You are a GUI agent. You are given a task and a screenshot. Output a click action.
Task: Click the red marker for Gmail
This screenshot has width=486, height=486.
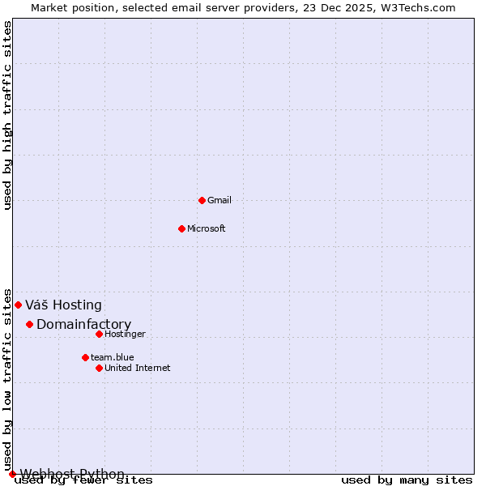click(202, 200)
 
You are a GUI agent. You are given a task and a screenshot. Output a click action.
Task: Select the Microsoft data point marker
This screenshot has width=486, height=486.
click(181, 228)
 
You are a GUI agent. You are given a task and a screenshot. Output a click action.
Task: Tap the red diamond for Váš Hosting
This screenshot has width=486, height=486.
click(18, 305)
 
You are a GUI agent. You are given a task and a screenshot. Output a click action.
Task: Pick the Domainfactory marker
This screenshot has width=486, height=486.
click(29, 324)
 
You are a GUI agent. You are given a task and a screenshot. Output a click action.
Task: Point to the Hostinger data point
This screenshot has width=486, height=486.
click(99, 334)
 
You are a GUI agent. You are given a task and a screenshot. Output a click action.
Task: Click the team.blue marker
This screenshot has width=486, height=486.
click(85, 357)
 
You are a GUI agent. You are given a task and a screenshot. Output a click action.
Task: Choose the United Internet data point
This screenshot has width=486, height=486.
click(99, 368)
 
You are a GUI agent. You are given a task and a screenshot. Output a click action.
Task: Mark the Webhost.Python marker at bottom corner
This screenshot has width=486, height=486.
click(12, 474)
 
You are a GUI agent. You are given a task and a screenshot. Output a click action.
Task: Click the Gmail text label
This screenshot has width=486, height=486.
click(220, 200)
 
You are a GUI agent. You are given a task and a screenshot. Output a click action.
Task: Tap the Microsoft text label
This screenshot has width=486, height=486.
click(206, 228)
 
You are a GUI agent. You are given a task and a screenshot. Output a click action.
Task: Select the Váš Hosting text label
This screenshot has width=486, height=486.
click(63, 305)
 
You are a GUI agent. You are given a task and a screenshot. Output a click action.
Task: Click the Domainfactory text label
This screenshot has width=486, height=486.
click(83, 325)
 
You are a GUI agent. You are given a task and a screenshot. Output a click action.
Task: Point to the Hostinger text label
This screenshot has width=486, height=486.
click(125, 334)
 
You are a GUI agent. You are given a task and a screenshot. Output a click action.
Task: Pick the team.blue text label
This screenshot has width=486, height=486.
click(112, 357)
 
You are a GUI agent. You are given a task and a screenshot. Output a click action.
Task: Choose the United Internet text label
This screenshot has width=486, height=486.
click(137, 368)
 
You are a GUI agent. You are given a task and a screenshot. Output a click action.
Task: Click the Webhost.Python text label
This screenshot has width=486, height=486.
click(72, 474)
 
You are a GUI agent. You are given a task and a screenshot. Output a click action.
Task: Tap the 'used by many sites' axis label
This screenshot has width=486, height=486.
click(407, 480)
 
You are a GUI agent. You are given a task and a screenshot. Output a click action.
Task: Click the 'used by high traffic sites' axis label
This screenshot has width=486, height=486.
click(8, 115)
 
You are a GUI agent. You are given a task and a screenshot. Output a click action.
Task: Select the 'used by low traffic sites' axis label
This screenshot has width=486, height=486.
click(8, 379)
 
